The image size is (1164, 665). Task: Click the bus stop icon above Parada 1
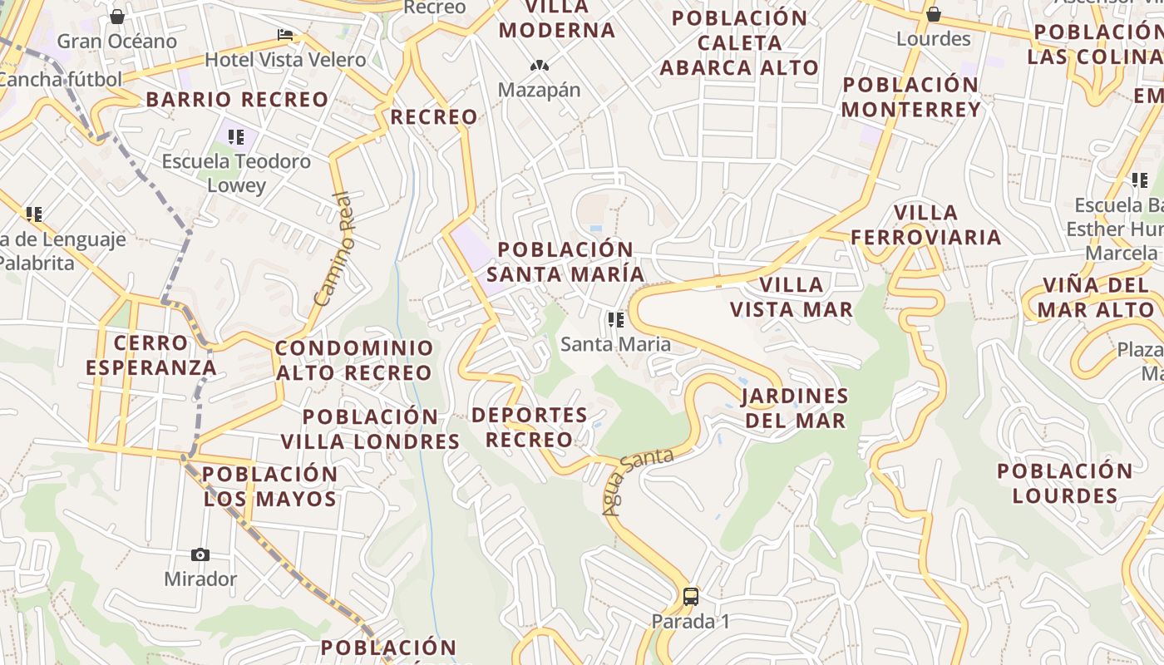(690, 596)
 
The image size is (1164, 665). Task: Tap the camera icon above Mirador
(200, 554)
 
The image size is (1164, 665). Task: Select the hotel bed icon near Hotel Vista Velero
(285, 35)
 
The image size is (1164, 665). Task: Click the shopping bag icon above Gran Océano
(117, 17)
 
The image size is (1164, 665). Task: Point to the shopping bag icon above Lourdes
(934, 14)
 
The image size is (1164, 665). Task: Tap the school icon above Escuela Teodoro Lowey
(236, 136)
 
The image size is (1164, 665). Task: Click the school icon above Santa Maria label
(615, 319)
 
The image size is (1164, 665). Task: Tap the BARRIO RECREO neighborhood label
(238, 100)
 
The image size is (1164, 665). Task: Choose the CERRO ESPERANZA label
(150, 355)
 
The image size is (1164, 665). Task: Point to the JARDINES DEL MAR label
(795, 407)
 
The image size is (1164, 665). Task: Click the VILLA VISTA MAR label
(792, 297)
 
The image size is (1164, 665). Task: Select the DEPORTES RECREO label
(530, 426)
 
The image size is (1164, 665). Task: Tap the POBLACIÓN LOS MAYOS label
(270, 486)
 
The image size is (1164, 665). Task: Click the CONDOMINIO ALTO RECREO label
(354, 360)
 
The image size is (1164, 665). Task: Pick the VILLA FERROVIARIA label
(925, 224)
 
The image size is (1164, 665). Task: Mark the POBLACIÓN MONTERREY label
(911, 96)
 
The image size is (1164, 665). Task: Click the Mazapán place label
(539, 90)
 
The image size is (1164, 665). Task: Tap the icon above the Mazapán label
(539, 65)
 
